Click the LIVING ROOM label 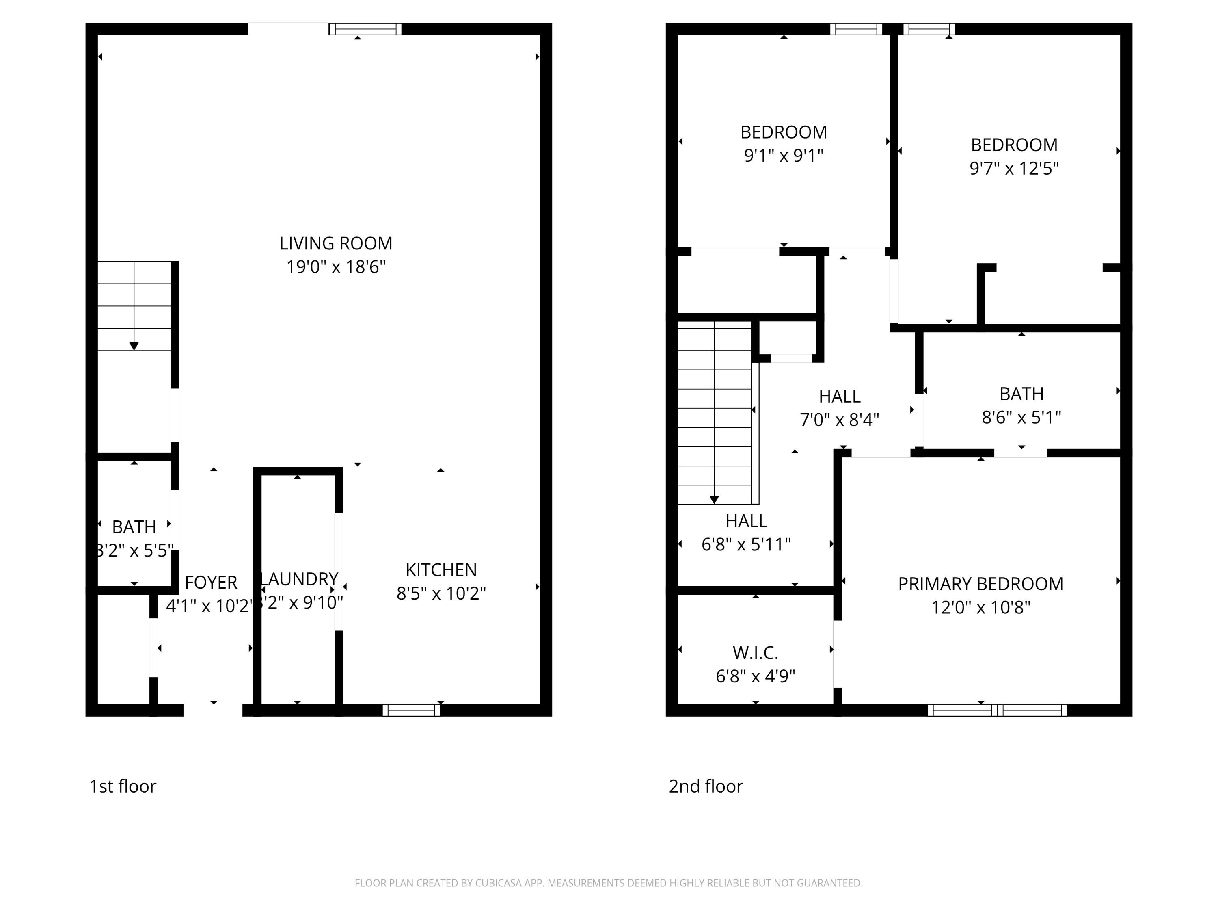[x=335, y=243]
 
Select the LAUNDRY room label [x=299, y=579]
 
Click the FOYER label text [x=211, y=583]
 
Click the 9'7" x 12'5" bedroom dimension [x=1014, y=169]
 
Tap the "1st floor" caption [x=123, y=786]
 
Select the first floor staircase [x=134, y=306]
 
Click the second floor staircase [x=714, y=413]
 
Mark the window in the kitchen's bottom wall [x=411, y=710]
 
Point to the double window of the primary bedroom [x=997, y=710]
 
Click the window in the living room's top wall [x=365, y=29]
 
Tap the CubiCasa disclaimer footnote [x=609, y=883]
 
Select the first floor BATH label [x=134, y=527]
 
